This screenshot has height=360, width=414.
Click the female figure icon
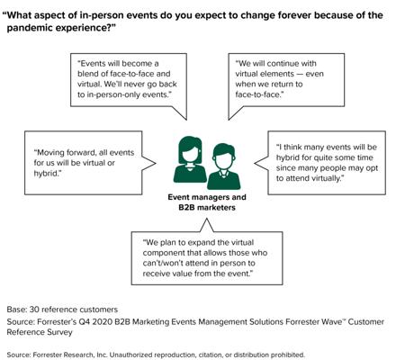pos(190,159)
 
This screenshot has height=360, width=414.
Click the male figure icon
pos(223,166)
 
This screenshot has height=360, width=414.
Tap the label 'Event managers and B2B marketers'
pos(207,202)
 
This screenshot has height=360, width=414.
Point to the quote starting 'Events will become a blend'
pos(127,79)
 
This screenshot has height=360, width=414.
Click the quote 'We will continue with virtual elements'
pos(279,79)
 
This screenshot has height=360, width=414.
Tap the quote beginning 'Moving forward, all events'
pos(84,163)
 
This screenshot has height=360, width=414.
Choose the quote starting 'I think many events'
pos(327,163)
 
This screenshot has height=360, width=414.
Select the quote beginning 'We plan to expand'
pos(205,258)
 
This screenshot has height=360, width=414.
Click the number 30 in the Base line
pos(34,310)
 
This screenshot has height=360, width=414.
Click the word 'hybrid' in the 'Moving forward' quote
pos(45,174)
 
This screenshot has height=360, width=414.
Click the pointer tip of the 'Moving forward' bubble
pos(156,163)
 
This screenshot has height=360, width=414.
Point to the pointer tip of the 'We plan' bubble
pos(207,219)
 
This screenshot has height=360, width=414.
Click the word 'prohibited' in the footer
pos(288,355)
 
